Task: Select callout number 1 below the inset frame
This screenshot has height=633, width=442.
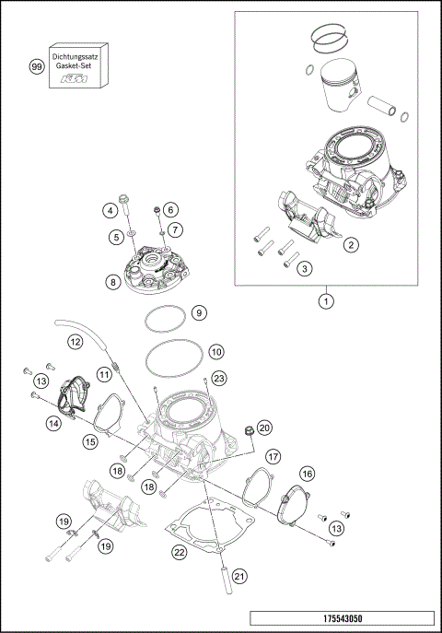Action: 324,300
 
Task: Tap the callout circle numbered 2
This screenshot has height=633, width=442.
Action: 350,245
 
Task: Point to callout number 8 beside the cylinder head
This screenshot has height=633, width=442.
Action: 112,282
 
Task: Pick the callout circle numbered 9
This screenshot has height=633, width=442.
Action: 199,313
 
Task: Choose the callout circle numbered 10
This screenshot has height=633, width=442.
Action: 215,352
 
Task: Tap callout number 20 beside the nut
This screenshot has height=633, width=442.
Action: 263,428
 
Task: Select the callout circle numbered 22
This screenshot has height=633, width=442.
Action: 180,553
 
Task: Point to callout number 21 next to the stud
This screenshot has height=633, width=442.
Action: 239,577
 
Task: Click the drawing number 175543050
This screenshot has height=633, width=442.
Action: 340,616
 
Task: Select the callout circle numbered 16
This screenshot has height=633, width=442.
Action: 307,473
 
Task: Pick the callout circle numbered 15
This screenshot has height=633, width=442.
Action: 90,442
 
